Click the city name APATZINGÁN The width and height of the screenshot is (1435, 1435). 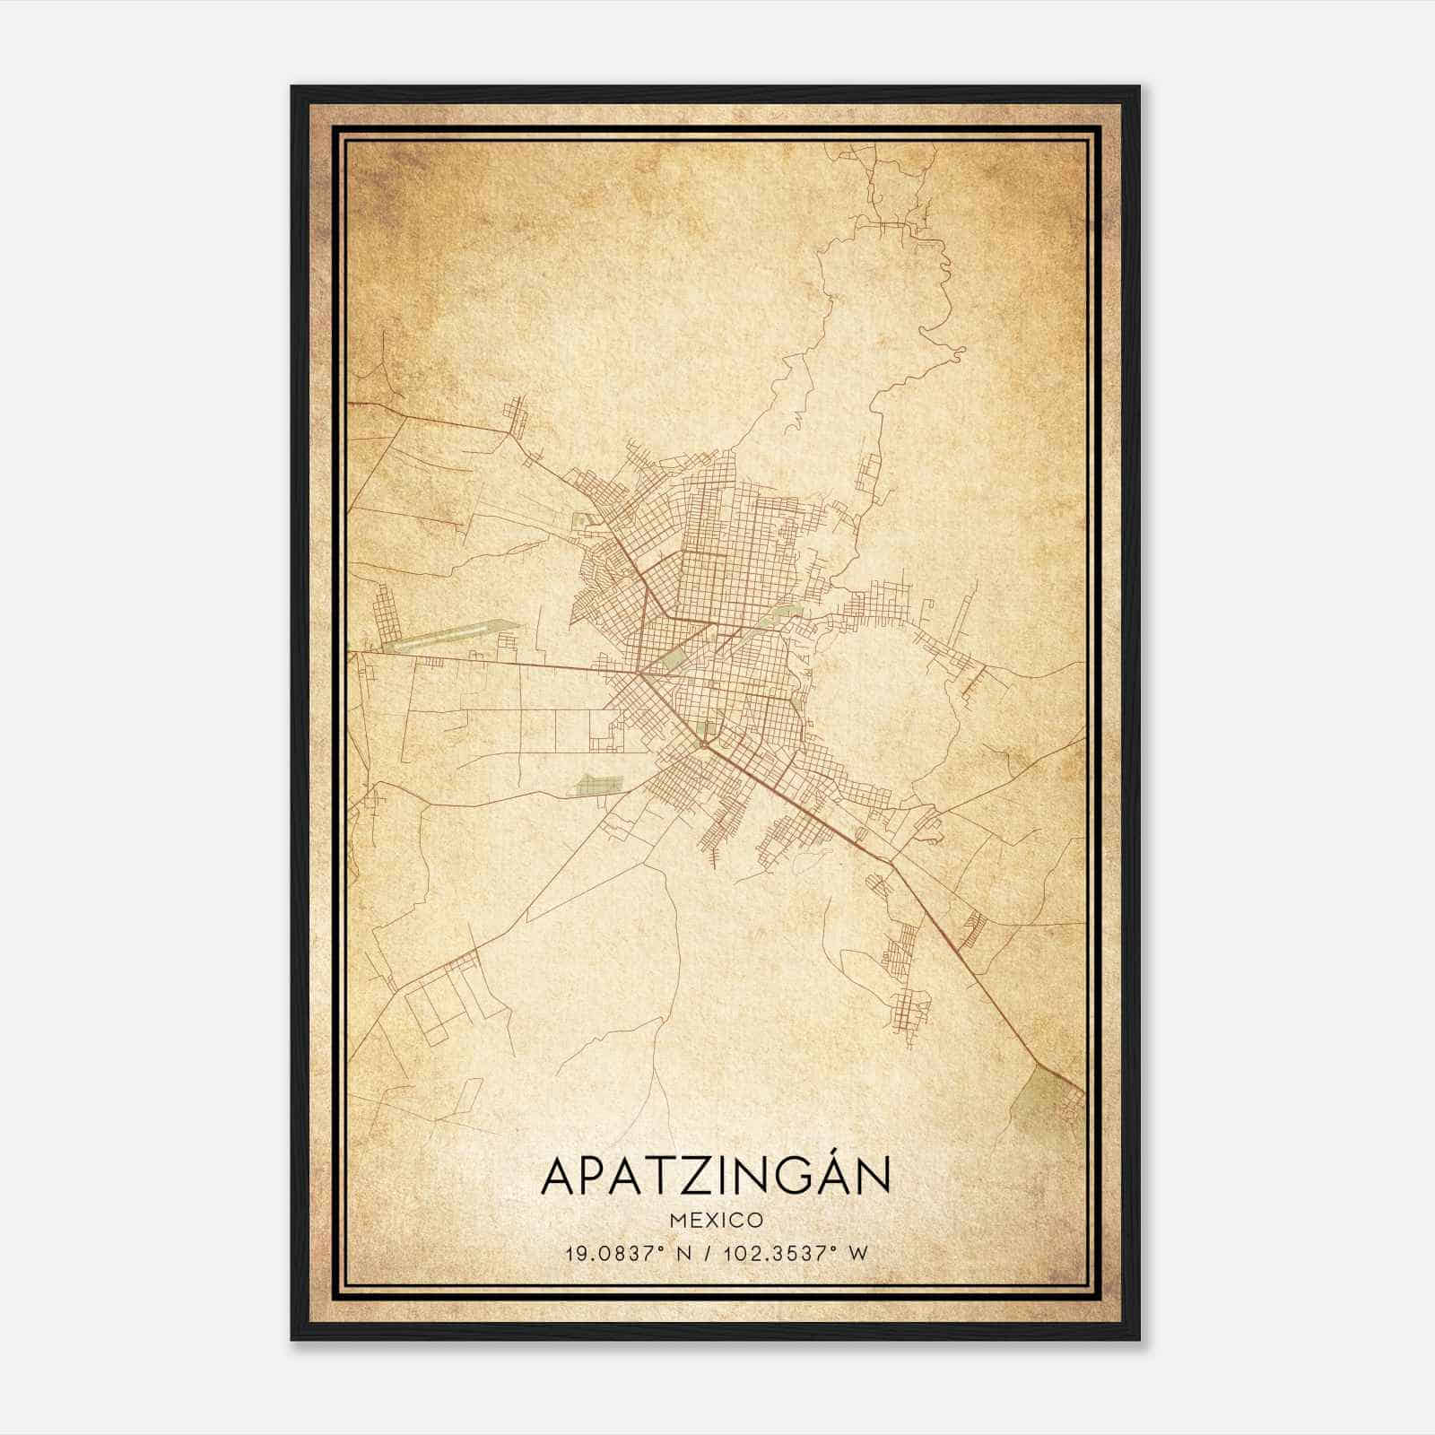(x=716, y=1176)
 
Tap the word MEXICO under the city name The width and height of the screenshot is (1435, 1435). (x=716, y=1221)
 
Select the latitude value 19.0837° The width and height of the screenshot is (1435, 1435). (x=614, y=1254)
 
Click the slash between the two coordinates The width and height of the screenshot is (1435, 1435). (x=711, y=1254)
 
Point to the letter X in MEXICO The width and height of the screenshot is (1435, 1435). (x=709, y=1221)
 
